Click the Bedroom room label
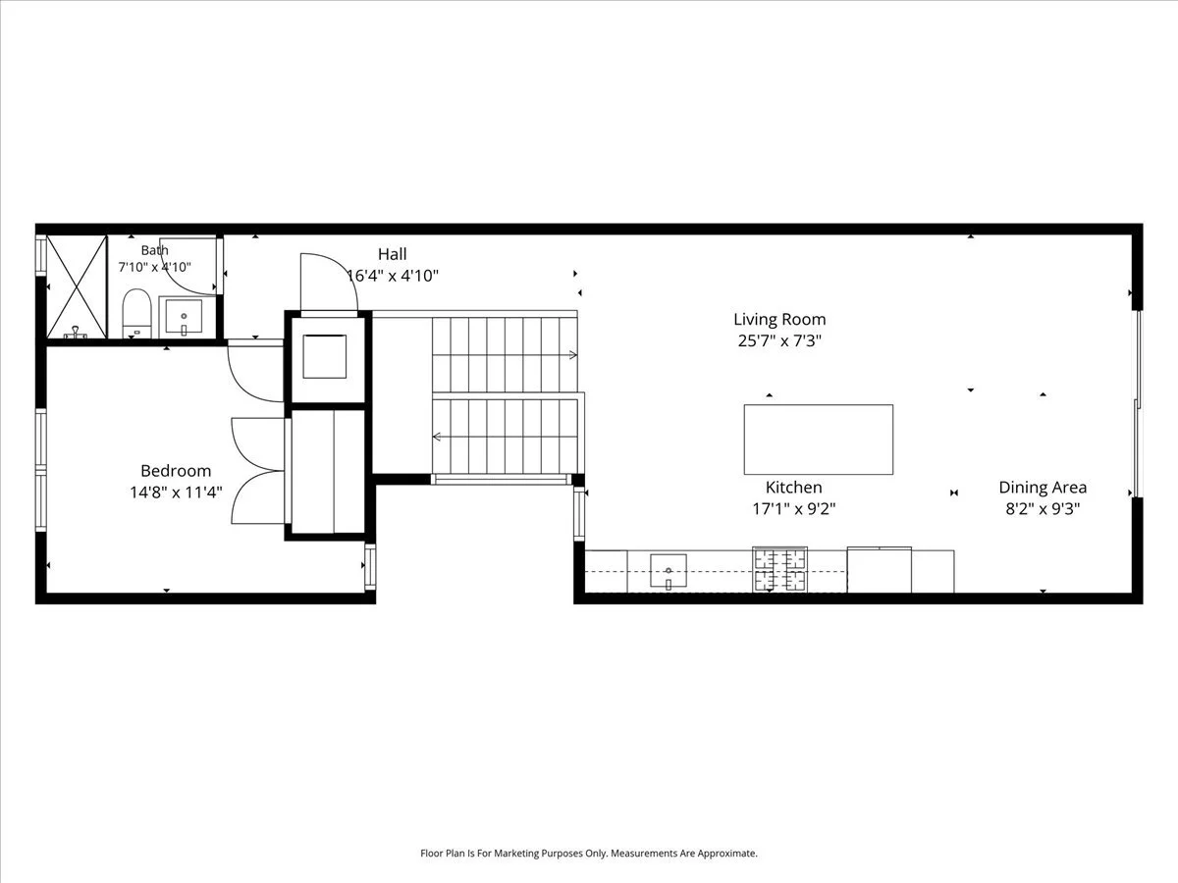click(176, 471)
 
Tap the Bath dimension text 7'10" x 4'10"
click(154, 267)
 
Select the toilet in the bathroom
click(136, 314)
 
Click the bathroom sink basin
click(184, 317)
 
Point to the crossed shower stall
click(77, 286)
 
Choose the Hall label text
click(392, 254)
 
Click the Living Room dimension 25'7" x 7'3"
click(779, 340)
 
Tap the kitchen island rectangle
click(819, 440)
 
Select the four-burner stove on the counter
click(779, 569)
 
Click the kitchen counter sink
click(669, 571)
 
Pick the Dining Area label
click(1043, 488)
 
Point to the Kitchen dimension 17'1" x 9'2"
click(794, 508)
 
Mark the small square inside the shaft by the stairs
click(324, 356)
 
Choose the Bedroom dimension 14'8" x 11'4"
click(176, 493)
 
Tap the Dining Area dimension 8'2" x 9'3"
click(1043, 508)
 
